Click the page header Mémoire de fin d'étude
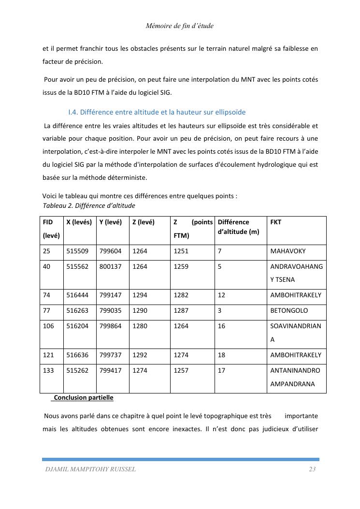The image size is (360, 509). point(179,26)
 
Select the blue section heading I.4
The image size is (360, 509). point(157,112)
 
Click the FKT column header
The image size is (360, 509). point(276,222)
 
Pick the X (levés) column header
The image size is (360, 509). point(79,222)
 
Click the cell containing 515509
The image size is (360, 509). point(77,251)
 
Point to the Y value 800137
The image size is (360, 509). point(110,266)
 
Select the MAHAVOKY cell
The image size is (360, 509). point(288,251)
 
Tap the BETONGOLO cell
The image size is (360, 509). point(289,311)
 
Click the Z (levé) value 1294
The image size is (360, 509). point(140,295)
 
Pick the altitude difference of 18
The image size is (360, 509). point(221,355)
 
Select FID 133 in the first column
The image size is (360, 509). point(48,371)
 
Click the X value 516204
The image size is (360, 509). point(77,326)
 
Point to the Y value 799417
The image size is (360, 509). point(110,371)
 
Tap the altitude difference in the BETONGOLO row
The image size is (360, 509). point(220,311)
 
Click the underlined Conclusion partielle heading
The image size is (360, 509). point(83,398)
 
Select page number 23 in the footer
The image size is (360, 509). point(312,469)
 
